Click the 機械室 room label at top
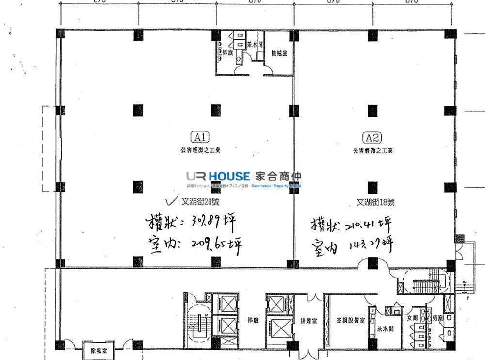pyautogui.click(x=279, y=53)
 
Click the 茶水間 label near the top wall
pyautogui.click(x=255, y=44)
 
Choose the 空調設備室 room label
pyautogui.click(x=350, y=321)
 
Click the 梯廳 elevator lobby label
pyautogui.click(x=252, y=321)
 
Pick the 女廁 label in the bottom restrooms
pyautogui.click(x=412, y=318)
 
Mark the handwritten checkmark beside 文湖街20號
pyautogui.click(x=170, y=200)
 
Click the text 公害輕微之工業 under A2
pyautogui.click(x=373, y=151)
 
